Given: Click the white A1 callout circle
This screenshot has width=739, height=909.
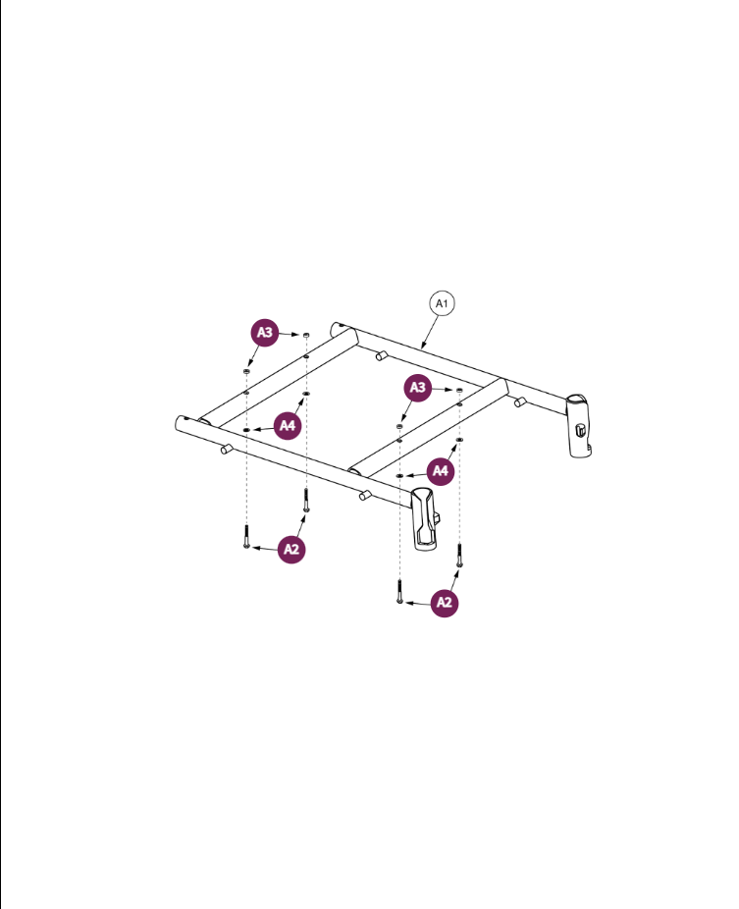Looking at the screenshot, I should pos(442,304).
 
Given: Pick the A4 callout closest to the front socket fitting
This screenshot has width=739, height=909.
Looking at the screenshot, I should pos(442,471).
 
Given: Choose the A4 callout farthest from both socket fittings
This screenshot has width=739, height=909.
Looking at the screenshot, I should pos(287,425).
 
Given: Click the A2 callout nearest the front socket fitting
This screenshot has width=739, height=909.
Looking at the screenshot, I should pos(445,603).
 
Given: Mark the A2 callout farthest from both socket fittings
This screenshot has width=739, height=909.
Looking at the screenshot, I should pos(290,549).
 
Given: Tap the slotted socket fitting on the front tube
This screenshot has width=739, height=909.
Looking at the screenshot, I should pos(425,517).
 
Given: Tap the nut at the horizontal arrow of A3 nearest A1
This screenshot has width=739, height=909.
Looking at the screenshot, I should pos(459,390).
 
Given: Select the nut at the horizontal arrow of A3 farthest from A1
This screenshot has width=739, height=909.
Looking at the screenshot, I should pos(306,335).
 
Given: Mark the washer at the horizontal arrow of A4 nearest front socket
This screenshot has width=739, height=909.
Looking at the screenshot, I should pos(400,474).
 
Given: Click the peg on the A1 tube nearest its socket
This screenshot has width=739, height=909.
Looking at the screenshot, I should pos(520,401).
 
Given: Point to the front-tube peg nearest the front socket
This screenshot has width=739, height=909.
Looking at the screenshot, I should pos(364,496).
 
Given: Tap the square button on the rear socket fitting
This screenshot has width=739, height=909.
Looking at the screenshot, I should pos(581,430).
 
